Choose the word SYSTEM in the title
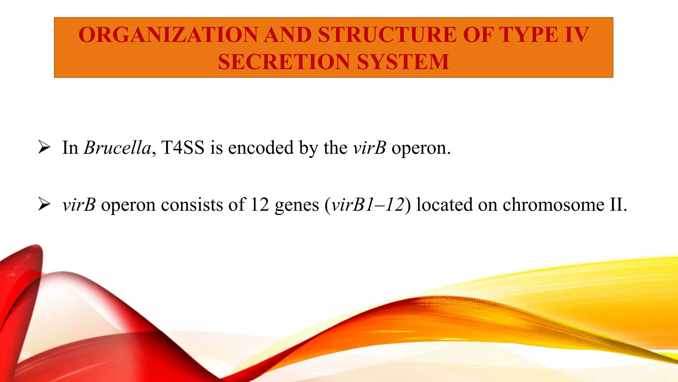[403, 62]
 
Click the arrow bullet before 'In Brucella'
[44, 147]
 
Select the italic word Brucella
[118, 148]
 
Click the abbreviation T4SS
[183, 148]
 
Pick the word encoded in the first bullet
[261, 148]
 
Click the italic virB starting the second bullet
[79, 205]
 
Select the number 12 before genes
[260, 205]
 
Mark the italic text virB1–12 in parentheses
[368, 205]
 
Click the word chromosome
[553, 205]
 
